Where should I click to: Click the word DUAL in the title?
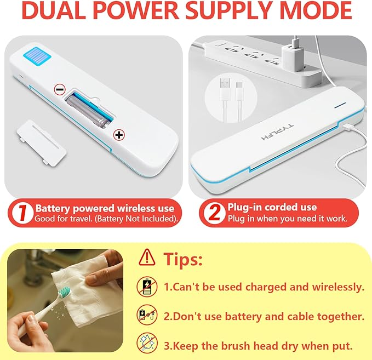(x=54, y=10)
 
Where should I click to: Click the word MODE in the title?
(x=317, y=10)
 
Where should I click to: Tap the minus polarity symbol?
(x=60, y=89)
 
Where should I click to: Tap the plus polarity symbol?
(x=119, y=135)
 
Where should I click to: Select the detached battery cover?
(x=41, y=142)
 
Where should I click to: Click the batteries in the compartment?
(x=88, y=110)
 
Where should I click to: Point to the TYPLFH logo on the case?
(x=277, y=132)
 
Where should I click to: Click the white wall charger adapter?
(x=293, y=57)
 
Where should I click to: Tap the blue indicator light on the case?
(x=340, y=105)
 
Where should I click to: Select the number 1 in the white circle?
(x=22, y=213)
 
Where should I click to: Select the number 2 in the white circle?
(x=214, y=213)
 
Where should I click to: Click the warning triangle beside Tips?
(x=147, y=257)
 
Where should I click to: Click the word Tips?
(x=183, y=259)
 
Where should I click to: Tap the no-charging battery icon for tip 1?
(x=147, y=287)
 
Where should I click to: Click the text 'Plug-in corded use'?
(x=272, y=207)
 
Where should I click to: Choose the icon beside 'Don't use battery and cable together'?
(x=147, y=315)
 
